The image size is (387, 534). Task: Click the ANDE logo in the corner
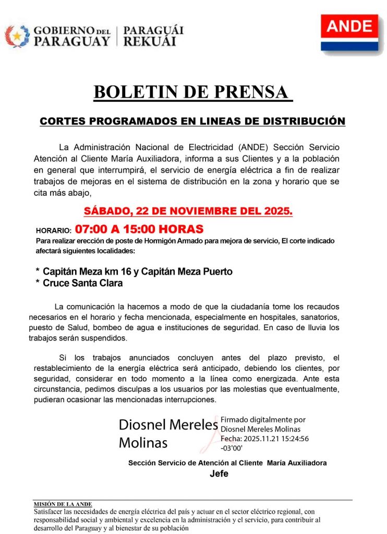pyautogui.click(x=349, y=32)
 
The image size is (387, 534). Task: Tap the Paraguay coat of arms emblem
pyautogui.click(x=17, y=36)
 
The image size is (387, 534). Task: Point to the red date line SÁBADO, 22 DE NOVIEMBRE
pyautogui.click(x=188, y=212)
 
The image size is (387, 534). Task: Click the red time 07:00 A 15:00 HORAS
pyautogui.click(x=139, y=229)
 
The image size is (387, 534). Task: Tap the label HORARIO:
pyautogui.click(x=53, y=230)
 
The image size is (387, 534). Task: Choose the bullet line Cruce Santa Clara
pyautogui.click(x=82, y=284)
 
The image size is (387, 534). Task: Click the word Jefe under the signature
pyautogui.click(x=219, y=474)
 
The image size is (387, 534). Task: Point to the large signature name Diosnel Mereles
pyautogui.click(x=168, y=424)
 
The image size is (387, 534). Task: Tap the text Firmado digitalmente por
pyautogui.click(x=263, y=419)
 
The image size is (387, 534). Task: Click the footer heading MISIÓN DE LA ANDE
pyautogui.click(x=63, y=504)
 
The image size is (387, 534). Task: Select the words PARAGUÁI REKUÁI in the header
pyautogui.click(x=153, y=36)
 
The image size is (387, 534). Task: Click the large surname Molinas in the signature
pyautogui.click(x=143, y=443)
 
